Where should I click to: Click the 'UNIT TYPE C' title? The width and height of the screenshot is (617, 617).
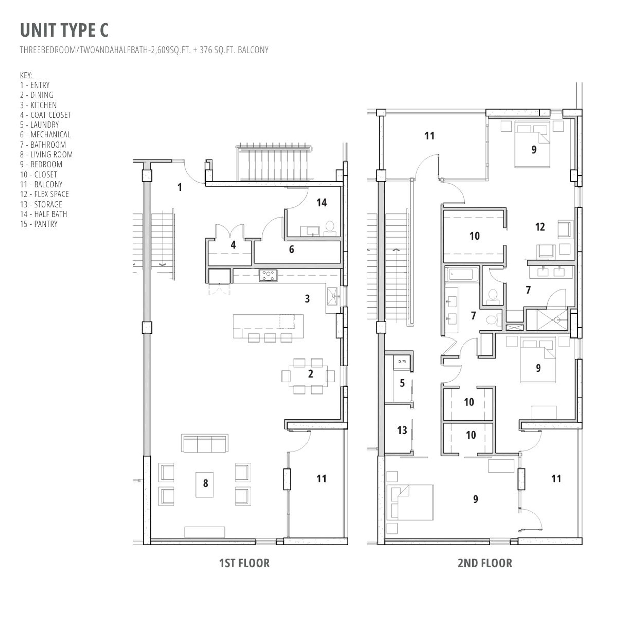64,30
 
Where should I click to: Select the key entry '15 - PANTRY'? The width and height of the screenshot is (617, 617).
39,224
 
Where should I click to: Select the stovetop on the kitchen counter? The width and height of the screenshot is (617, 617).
268,275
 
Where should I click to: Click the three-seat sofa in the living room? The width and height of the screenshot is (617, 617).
204,443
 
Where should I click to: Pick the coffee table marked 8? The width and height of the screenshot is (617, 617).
205,484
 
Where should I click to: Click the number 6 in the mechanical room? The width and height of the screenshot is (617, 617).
291,250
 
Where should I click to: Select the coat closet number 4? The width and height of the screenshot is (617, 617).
233,245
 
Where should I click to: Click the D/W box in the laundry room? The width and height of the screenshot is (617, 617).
402,362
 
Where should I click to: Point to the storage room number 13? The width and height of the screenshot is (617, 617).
402,430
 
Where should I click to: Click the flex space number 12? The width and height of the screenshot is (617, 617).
540,227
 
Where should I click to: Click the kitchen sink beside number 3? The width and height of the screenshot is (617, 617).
332,296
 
